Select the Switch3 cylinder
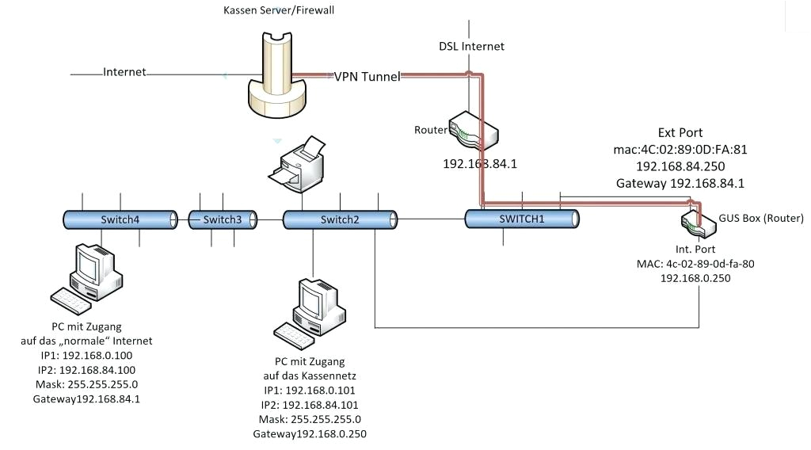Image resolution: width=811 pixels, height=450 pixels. point(222,219)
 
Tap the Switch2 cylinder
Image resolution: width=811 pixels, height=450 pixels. point(340,219)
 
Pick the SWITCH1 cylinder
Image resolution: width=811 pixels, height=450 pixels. point(522,219)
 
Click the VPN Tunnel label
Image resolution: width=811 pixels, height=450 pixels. point(367,76)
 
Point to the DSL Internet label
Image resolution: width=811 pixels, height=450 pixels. point(472,46)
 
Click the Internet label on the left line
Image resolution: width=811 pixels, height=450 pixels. point(124,72)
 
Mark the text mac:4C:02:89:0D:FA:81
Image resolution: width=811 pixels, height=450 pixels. point(680,149)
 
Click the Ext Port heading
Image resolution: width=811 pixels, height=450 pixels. point(680,132)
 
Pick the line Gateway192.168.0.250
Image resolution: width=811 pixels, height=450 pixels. point(310,434)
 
